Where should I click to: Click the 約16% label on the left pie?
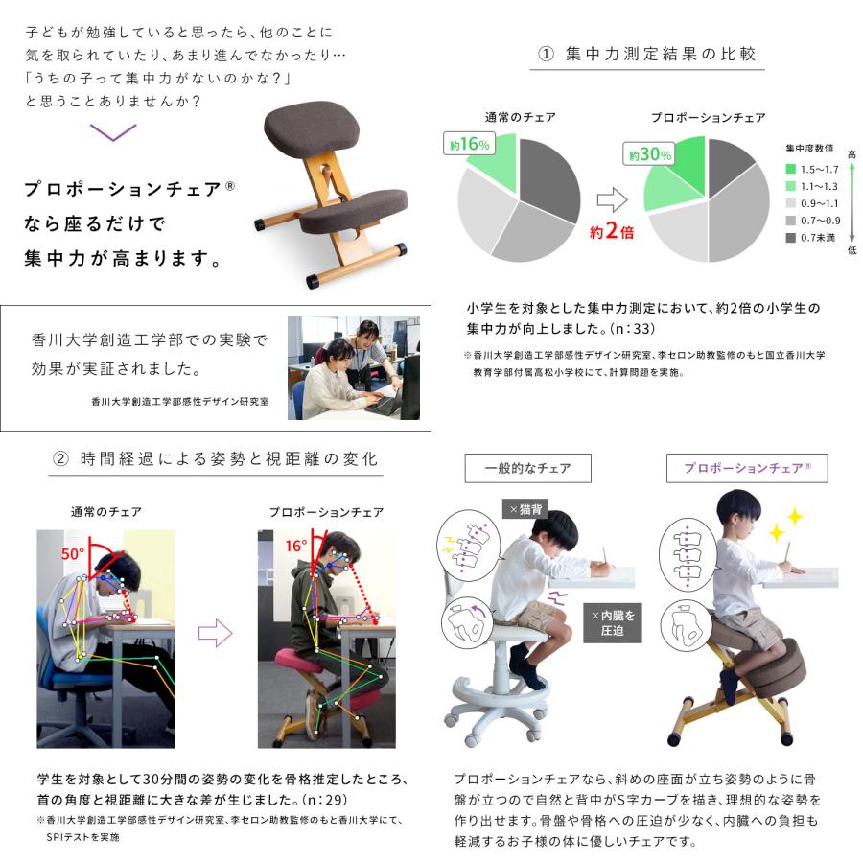click(469, 145)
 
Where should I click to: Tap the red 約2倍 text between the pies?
click(612, 230)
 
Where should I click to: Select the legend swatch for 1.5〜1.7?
click(792, 169)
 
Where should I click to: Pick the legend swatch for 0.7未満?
click(792, 237)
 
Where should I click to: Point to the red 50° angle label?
click(74, 554)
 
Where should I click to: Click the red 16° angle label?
click(295, 546)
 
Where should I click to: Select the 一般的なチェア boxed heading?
click(527, 468)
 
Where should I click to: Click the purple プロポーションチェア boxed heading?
click(747, 468)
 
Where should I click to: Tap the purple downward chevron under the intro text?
click(112, 132)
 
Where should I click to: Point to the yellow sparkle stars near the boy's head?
click(786, 522)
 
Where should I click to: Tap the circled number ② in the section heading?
click(60, 458)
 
